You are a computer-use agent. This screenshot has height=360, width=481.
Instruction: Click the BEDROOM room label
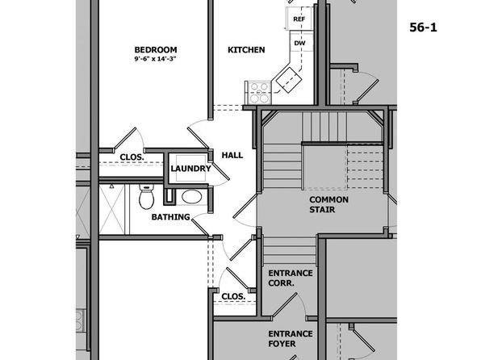(x=156, y=50)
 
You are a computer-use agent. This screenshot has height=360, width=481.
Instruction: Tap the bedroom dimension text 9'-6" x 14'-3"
(x=156, y=59)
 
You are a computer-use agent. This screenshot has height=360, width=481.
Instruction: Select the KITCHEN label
(x=246, y=50)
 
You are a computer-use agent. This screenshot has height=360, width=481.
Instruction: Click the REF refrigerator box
(x=299, y=19)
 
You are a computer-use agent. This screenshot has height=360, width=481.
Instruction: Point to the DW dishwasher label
(x=299, y=43)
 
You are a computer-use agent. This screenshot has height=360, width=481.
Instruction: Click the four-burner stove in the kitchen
(x=258, y=93)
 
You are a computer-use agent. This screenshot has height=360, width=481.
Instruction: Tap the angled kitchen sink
(x=289, y=79)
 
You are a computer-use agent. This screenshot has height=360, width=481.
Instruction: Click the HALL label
(x=232, y=155)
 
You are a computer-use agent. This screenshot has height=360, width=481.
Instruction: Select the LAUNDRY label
(x=190, y=169)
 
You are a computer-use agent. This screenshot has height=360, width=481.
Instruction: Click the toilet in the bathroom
(x=146, y=196)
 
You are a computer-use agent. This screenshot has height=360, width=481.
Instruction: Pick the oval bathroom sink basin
(x=192, y=197)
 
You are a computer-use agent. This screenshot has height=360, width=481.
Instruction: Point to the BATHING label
(x=170, y=217)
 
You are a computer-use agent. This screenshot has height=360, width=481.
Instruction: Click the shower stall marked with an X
(x=111, y=209)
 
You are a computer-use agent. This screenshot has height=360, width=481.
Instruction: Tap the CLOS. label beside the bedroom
(x=132, y=157)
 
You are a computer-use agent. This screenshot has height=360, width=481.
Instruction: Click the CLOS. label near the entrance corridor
(x=233, y=296)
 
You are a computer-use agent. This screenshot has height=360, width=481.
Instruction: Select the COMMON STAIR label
(x=328, y=204)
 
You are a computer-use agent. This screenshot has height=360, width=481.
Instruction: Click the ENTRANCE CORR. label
(x=291, y=278)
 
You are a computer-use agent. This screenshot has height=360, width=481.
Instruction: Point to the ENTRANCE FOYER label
(x=291, y=338)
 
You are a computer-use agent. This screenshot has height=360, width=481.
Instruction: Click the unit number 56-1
(x=423, y=27)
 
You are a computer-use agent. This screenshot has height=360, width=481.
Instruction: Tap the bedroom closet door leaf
(x=124, y=140)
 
